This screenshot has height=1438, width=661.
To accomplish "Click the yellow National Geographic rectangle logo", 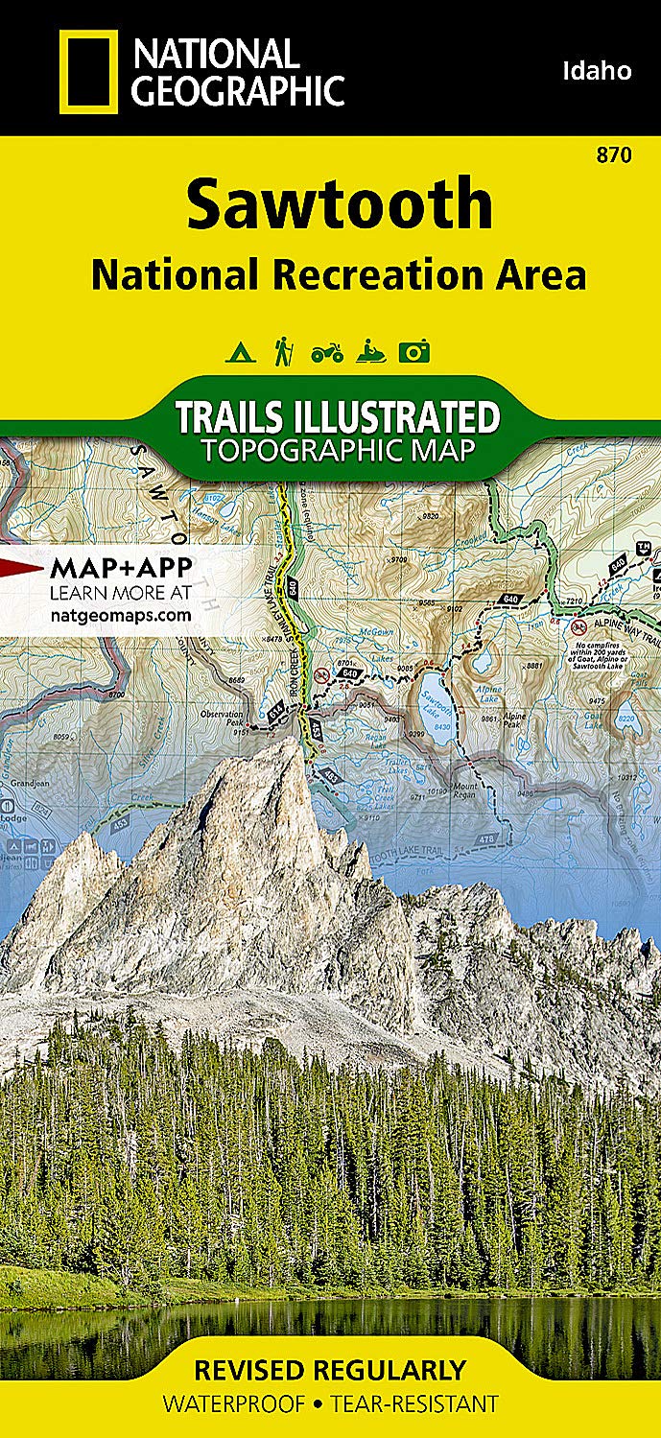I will (x=88, y=72).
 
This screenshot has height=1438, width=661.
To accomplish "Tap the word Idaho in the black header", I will (x=597, y=70).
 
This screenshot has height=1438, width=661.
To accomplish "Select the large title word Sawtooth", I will (x=340, y=204).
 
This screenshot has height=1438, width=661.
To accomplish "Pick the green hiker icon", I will (x=282, y=352).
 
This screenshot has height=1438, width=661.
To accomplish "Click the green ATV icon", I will (x=326, y=354).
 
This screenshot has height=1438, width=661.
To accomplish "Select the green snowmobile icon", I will (x=370, y=353).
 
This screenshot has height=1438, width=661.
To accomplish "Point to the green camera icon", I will (x=414, y=353).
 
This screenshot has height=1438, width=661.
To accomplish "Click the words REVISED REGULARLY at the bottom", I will (x=330, y=1369).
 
